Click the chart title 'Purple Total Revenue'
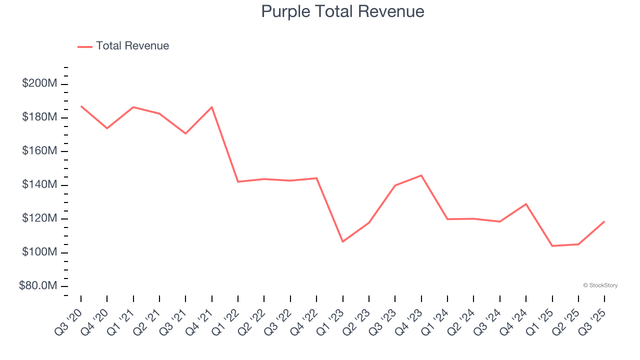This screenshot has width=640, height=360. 342,11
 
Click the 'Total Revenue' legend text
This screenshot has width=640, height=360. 132,46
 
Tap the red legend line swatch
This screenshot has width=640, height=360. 85,46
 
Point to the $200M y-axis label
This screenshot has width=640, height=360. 39,83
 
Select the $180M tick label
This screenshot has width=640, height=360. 39,117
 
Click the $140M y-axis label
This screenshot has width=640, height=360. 39,185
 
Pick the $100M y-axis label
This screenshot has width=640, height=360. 39,252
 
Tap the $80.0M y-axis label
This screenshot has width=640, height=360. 38,286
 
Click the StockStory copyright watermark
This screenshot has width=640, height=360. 600,285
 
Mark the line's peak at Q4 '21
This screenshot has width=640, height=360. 212,107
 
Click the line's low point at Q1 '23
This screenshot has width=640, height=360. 342,241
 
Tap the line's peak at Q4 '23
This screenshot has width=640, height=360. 421,175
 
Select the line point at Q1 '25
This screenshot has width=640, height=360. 552,246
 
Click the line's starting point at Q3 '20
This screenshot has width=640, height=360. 81,106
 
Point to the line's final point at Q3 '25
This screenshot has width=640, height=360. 604,221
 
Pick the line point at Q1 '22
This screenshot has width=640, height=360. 238,181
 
